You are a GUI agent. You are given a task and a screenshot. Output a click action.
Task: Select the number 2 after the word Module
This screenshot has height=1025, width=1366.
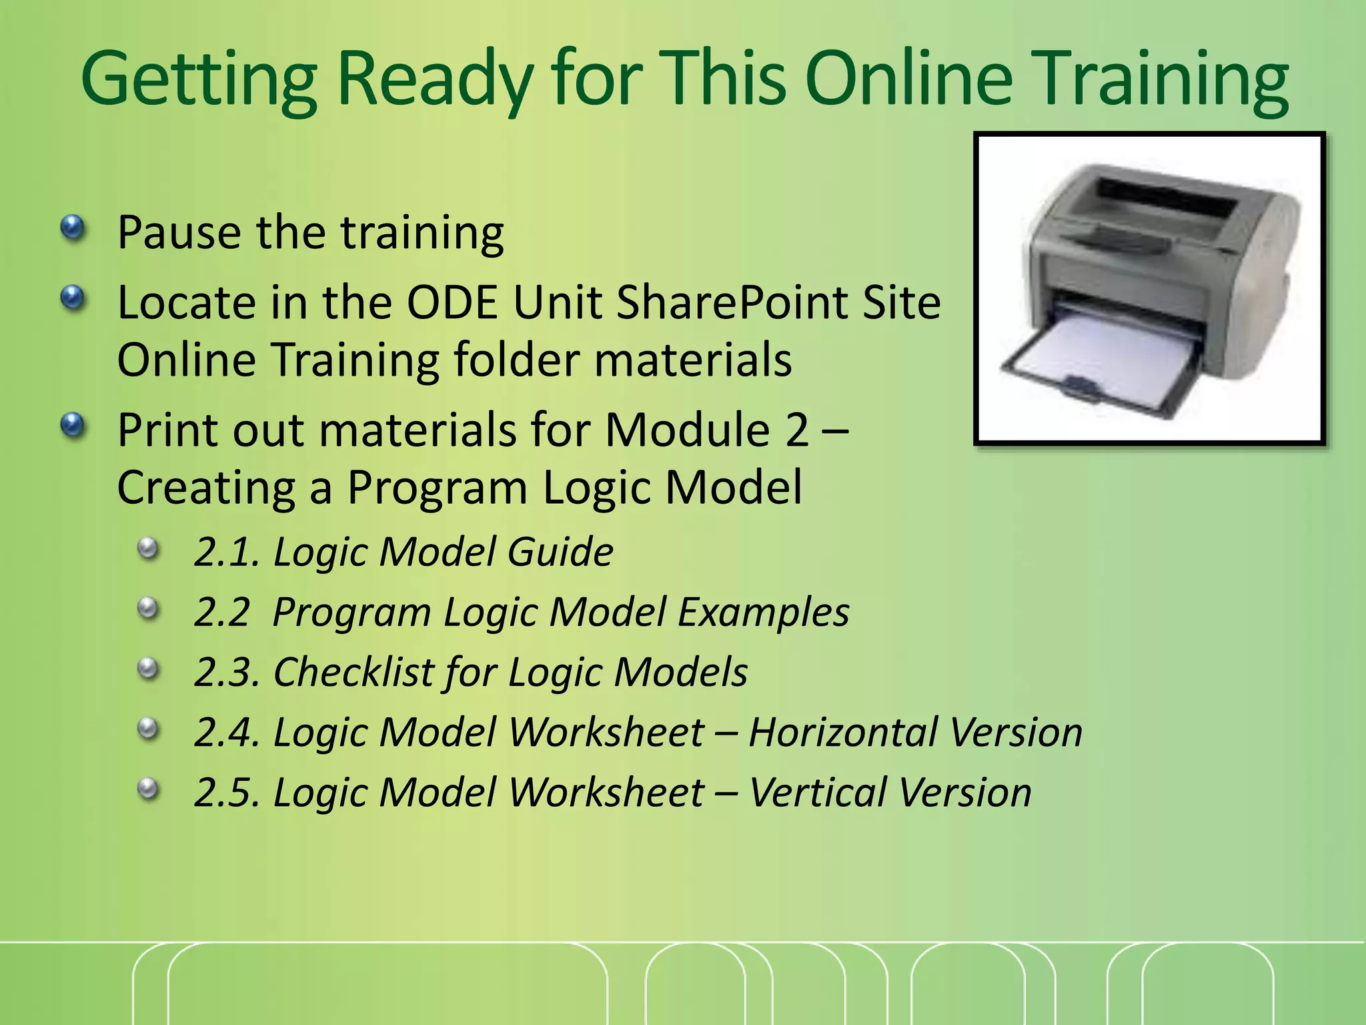[x=796, y=430]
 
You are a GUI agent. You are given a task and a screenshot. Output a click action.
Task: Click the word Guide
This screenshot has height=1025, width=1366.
[x=560, y=553]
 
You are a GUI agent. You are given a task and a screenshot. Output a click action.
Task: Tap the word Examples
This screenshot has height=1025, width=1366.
[x=763, y=613]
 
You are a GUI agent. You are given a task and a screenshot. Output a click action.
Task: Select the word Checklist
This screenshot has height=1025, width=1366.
[x=354, y=672]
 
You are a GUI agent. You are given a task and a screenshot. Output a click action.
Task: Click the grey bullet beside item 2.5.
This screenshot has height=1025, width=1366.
[x=148, y=789]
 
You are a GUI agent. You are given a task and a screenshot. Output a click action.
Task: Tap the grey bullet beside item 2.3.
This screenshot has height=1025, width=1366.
[x=148, y=669]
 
